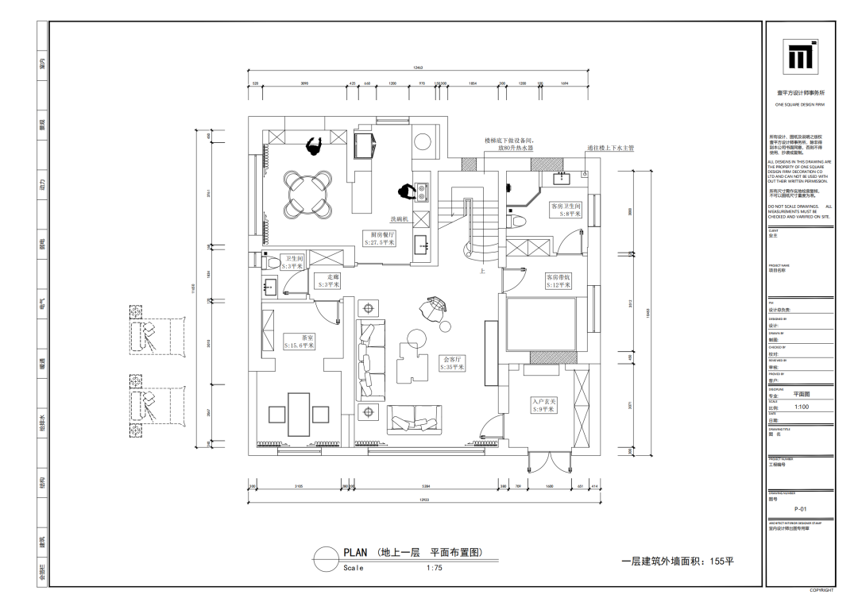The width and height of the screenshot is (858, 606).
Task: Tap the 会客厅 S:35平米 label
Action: pyautogui.click(x=453, y=364)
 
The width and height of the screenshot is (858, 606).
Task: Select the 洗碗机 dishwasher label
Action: pyautogui.click(x=398, y=218)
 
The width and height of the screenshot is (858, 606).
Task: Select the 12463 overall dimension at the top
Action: pyautogui.click(x=418, y=68)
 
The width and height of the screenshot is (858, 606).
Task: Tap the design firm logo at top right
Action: pyautogui.click(x=801, y=56)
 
